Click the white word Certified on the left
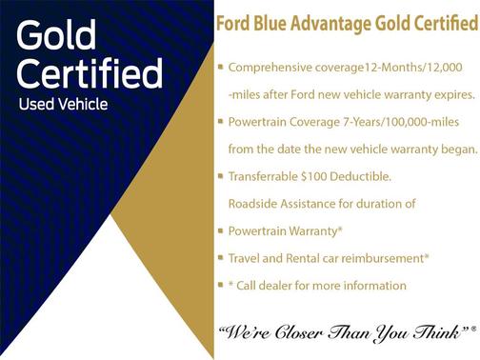point(89,73)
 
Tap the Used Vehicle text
point(64,102)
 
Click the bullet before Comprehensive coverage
point(221,68)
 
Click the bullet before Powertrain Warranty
point(221,230)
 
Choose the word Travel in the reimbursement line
point(246,258)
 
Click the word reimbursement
point(382,258)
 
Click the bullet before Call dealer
point(221,285)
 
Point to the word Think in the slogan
point(438,332)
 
